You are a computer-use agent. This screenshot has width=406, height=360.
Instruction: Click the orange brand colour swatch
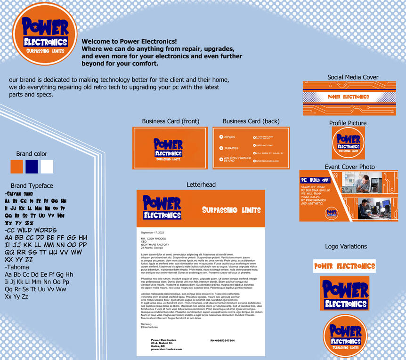(16, 167)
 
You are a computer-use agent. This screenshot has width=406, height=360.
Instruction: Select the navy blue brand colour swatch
(32, 167)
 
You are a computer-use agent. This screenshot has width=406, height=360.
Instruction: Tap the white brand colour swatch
(47, 167)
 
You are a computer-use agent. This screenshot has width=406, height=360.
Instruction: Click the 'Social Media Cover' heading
(353, 77)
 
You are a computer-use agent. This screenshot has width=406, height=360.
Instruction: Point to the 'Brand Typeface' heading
(32, 186)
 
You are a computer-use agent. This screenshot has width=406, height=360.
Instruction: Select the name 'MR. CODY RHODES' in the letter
(154, 239)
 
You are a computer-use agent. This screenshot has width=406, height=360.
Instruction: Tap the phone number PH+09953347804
(222, 340)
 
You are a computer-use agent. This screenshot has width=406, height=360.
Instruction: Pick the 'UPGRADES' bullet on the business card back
(230, 148)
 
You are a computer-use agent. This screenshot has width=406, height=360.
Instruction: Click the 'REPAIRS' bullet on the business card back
(229, 137)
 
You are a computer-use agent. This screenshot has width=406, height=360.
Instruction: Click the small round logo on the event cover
(332, 213)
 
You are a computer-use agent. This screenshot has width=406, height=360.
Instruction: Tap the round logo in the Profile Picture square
(348, 143)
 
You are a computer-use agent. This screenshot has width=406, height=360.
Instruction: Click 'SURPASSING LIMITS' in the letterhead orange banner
(231, 209)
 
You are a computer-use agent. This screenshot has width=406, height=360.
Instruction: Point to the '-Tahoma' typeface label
(17, 267)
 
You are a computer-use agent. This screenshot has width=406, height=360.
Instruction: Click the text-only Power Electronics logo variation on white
(344, 266)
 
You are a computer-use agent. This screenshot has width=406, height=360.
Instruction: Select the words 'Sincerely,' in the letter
(147, 324)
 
